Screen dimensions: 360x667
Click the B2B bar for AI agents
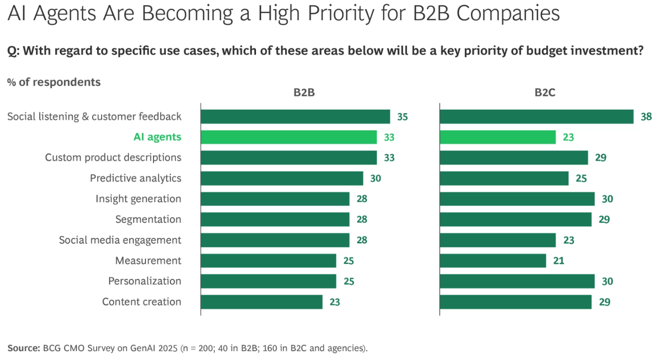(x=289, y=137)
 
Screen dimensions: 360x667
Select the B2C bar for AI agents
(x=498, y=137)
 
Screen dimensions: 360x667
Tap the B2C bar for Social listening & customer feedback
(x=536, y=117)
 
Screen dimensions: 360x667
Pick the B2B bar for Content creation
(x=262, y=302)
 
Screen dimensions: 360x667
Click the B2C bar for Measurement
(x=493, y=260)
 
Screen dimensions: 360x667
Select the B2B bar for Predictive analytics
(x=282, y=178)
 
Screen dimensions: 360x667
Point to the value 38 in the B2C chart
(x=646, y=117)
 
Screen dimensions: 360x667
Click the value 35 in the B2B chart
(x=402, y=117)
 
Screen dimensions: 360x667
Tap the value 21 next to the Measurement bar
(x=558, y=260)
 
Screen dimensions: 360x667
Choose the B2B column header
(x=305, y=93)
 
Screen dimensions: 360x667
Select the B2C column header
(x=545, y=93)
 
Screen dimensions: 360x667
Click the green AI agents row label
(x=157, y=137)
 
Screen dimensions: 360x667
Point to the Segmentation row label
(x=148, y=219)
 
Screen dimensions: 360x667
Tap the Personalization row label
(x=144, y=281)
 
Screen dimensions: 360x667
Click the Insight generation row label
(x=138, y=199)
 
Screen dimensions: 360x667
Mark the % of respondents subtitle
(x=54, y=82)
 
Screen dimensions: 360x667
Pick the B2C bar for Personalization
(x=517, y=281)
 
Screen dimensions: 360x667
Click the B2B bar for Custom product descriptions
(x=289, y=158)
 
